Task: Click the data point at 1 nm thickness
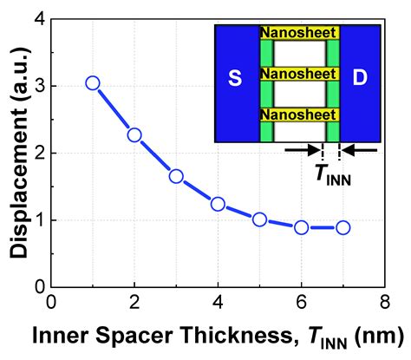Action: [93, 83]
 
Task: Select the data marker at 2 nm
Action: [134, 135]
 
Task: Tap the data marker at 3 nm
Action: [176, 176]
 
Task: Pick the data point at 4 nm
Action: [218, 205]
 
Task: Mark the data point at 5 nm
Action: [259, 219]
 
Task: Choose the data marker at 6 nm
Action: [301, 227]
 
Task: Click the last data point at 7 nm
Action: [342, 227]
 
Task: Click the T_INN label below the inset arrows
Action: [331, 171]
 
